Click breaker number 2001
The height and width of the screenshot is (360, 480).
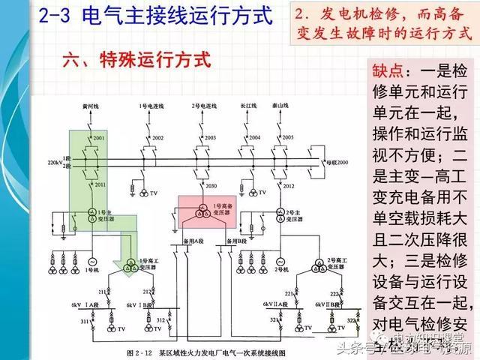(x=100, y=139)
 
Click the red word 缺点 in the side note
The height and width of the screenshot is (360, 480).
(x=391, y=73)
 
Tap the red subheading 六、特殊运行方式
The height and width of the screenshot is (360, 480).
(x=136, y=59)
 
